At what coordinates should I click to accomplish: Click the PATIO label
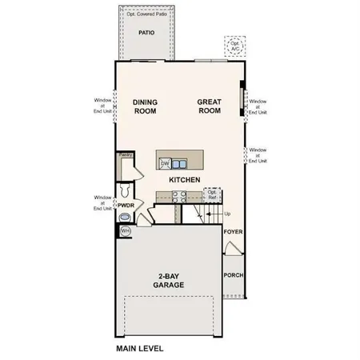pos(146,34)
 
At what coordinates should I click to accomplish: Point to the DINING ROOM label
pos(145,107)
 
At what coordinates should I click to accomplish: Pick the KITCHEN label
pos(184,182)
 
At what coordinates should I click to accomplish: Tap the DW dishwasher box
pos(166,164)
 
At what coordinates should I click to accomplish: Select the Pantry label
pos(126,154)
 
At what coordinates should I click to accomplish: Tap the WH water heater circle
pos(126,231)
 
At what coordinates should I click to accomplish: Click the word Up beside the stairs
pos(227,214)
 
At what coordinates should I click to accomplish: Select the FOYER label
pos(233,234)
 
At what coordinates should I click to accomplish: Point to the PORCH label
pos(233,275)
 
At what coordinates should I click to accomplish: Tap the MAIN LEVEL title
pos(139,348)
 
